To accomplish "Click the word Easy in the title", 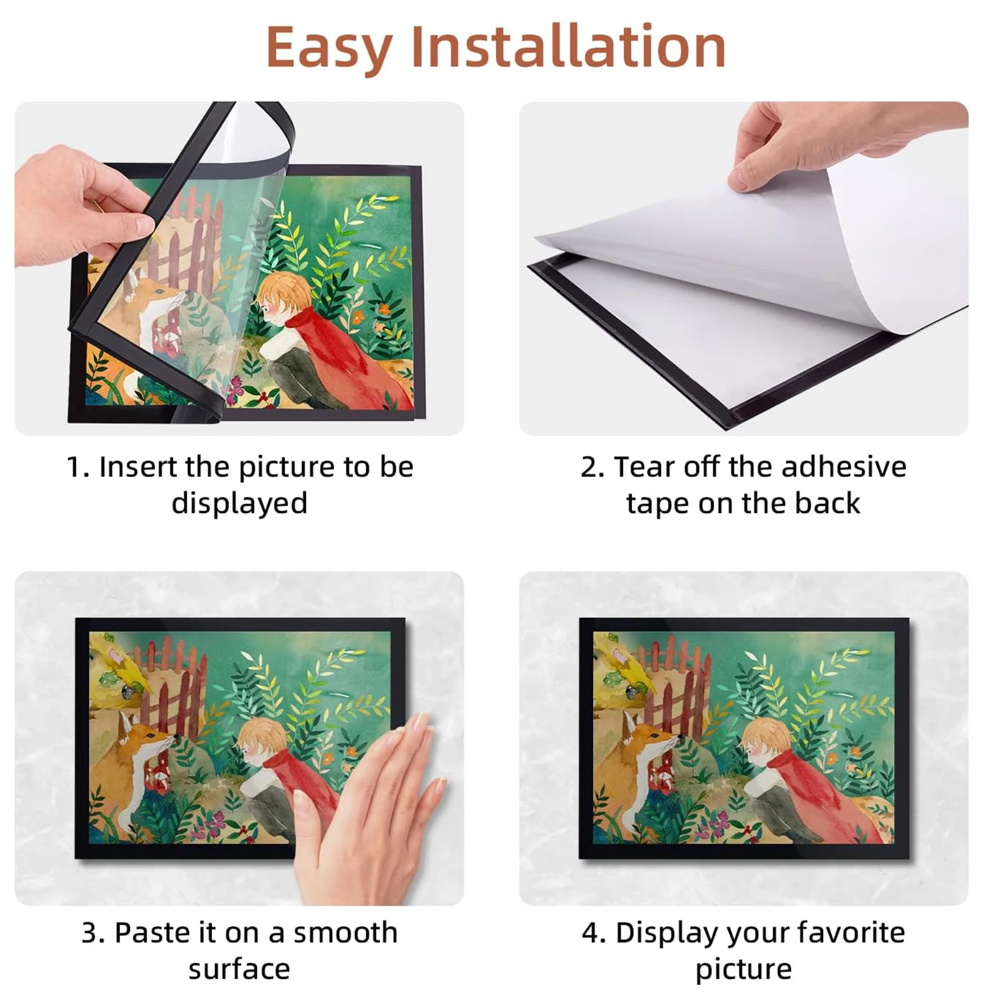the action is click(x=328, y=47).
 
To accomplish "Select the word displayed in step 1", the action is click(x=239, y=503).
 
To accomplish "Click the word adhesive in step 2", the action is click(x=844, y=467).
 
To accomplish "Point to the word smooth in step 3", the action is click(x=345, y=933).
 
